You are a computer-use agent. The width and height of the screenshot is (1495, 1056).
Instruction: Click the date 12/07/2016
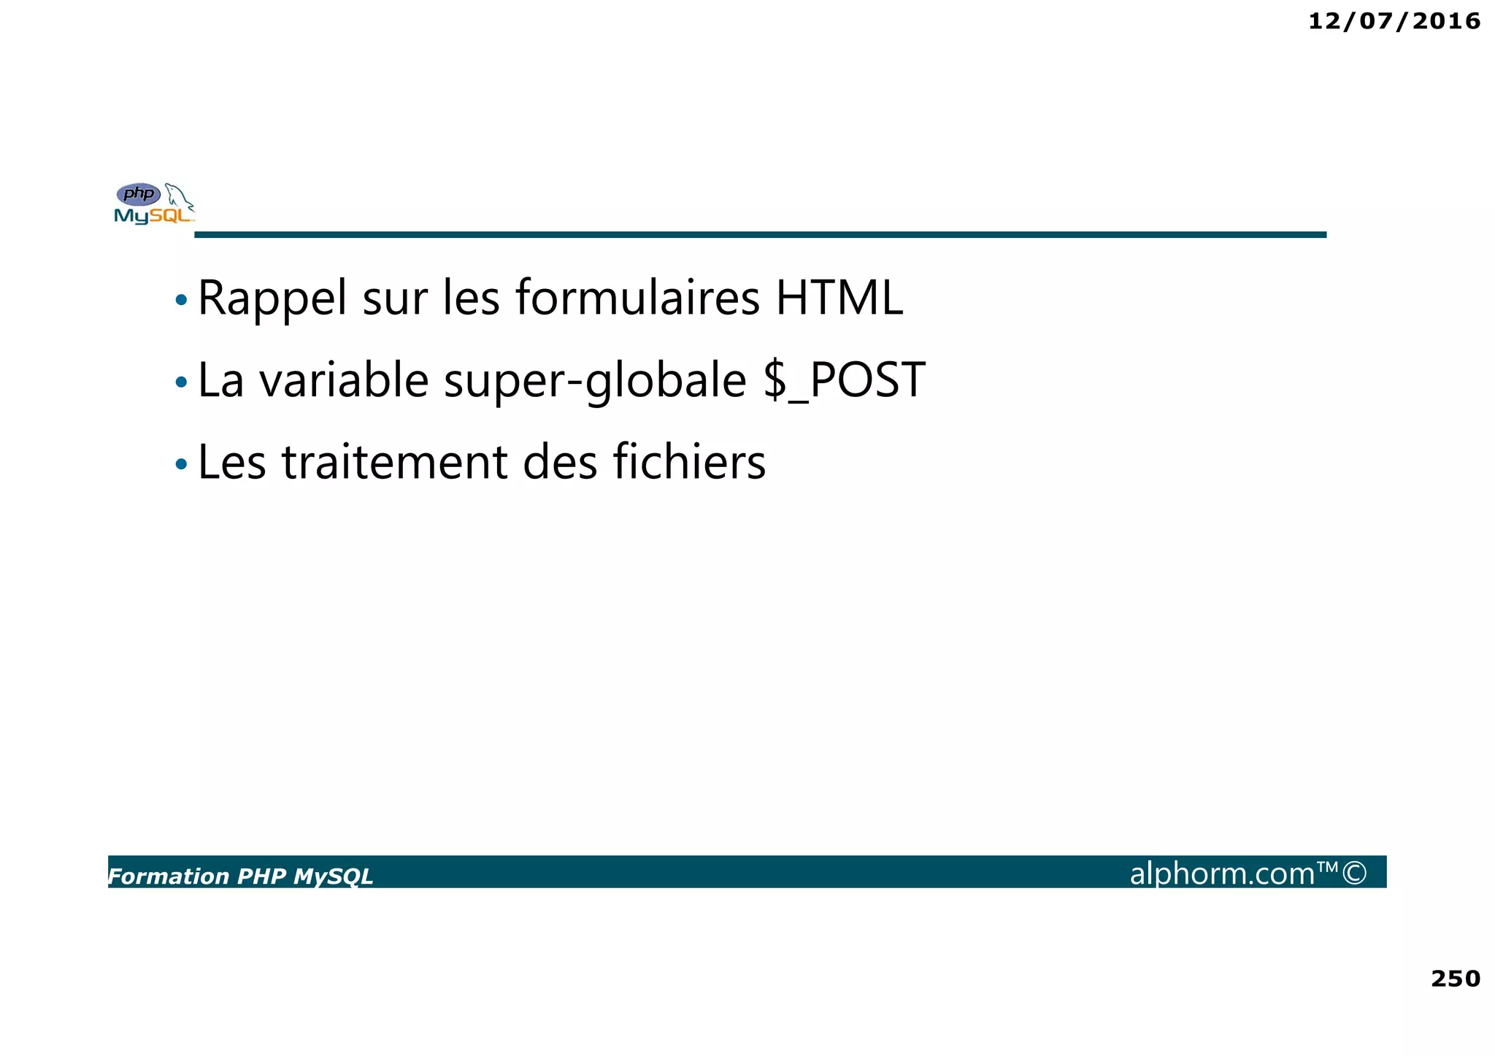(x=1394, y=21)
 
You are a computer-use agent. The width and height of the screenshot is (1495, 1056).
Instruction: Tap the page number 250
(x=1455, y=979)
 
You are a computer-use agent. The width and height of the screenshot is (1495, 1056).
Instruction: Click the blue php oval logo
(x=139, y=194)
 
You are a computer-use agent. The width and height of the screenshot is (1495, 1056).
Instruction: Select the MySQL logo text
(x=153, y=216)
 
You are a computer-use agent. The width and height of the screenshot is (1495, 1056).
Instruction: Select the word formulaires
(x=637, y=298)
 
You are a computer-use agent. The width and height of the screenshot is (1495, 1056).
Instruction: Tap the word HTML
(x=839, y=298)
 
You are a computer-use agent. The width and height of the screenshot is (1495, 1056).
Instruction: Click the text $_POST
(x=844, y=380)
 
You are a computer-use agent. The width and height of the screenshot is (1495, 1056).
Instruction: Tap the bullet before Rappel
(x=181, y=300)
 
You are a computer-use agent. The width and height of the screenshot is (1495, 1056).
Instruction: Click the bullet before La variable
(x=181, y=382)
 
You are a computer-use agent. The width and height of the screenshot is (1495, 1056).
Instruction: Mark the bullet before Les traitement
(x=181, y=464)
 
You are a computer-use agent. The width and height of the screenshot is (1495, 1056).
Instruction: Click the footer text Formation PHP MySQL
(x=241, y=876)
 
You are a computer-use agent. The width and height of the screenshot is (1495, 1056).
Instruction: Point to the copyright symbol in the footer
(x=1354, y=873)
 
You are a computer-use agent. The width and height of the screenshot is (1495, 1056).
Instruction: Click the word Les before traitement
(x=231, y=463)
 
